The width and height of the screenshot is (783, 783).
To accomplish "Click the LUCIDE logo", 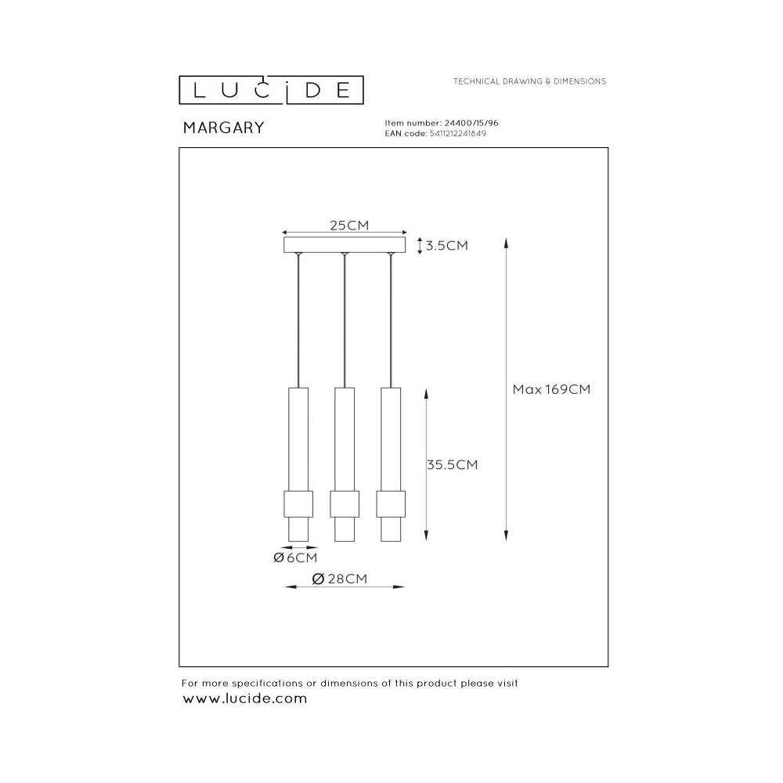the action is point(271,90).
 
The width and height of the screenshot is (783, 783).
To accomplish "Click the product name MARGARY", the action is point(223,128).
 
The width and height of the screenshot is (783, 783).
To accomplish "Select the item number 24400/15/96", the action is point(471,123).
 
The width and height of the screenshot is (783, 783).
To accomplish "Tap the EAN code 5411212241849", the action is point(457,133).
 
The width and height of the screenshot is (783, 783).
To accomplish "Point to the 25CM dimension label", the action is point(349,226).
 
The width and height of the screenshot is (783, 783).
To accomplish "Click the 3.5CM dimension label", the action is point(447,245).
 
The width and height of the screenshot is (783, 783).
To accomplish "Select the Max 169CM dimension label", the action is point(551,389).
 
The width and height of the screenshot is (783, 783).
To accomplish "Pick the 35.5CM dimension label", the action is point(453,464).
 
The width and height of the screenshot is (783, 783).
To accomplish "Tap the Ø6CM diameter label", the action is point(295,557).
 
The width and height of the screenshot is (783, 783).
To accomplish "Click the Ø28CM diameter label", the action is point(340,579).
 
